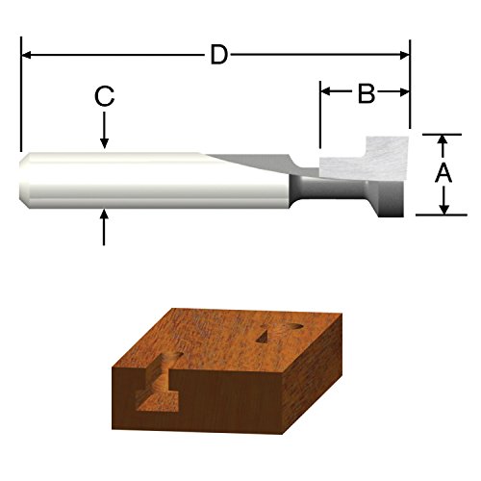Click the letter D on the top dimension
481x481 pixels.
click(219, 55)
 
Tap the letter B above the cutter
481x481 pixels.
click(366, 93)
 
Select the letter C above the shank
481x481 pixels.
click(105, 96)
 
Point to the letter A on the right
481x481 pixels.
click(443, 174)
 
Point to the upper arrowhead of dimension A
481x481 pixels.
click(443, 140)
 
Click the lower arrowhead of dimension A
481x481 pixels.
click(443, 208)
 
